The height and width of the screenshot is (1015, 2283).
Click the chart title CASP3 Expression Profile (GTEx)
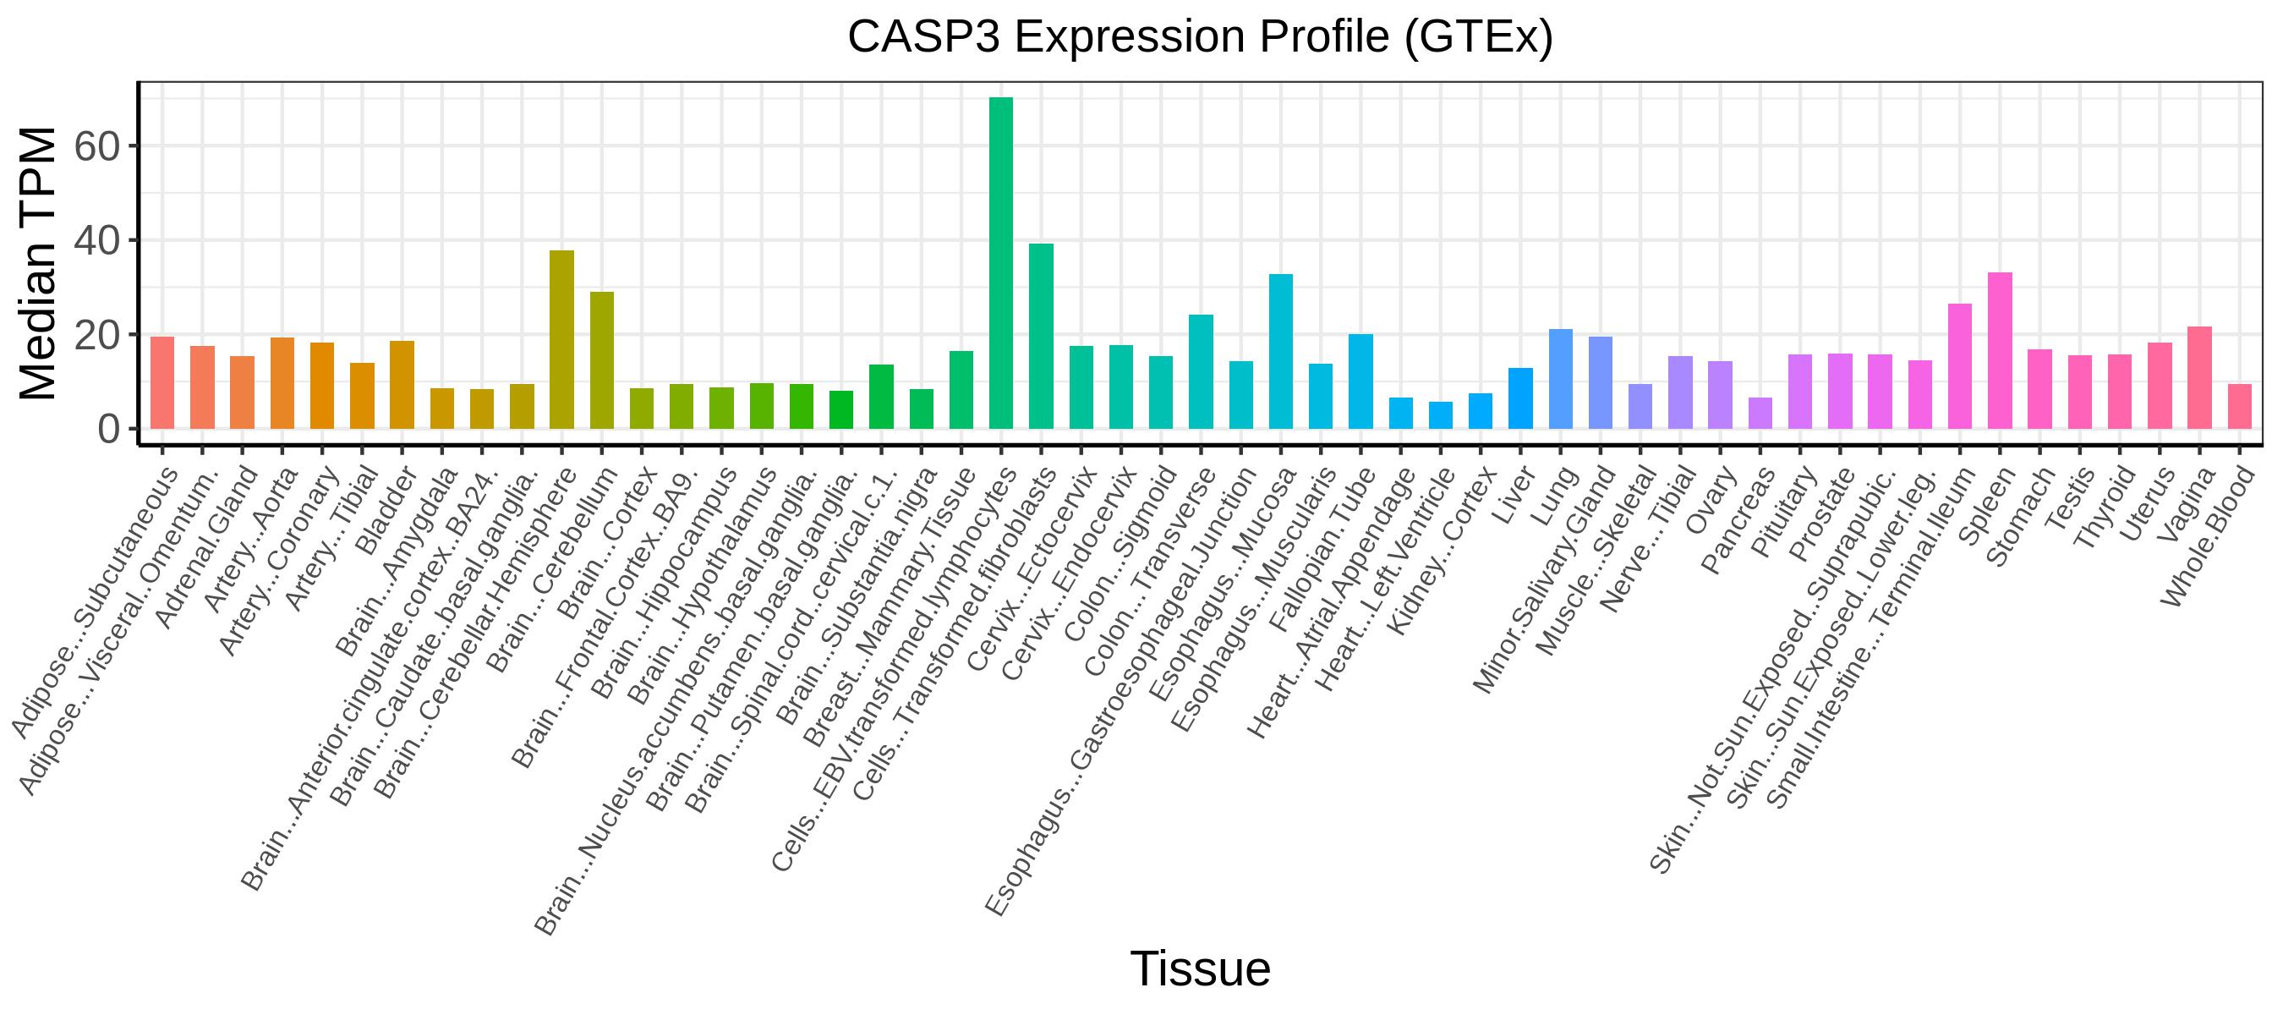tap(1200, 37)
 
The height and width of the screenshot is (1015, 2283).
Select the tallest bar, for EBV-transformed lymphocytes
tap(1000, 263)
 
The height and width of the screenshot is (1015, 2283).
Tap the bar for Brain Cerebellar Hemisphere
tap(562, 339)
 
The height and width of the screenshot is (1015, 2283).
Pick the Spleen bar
tap(2001, 351)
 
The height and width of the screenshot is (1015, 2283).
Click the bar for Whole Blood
tap(2240, 407)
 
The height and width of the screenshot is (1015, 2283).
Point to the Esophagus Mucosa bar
tap(1281, 352)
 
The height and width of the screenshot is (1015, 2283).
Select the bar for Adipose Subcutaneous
tap(162, 383)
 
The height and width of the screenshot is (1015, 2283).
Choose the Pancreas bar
tap(1760, 413)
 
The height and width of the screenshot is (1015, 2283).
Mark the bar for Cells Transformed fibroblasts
tap(1042, 337)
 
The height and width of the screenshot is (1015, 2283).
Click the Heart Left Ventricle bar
tap(1441, 416)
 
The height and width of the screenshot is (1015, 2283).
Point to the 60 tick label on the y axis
tap(96, 147)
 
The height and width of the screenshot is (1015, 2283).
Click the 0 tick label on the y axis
tap(109, 430)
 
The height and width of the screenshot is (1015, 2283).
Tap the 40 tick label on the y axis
tap(96, 241)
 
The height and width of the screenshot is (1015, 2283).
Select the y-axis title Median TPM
tap(37, 263)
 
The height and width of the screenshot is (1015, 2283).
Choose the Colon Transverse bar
tap(1201, 372)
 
